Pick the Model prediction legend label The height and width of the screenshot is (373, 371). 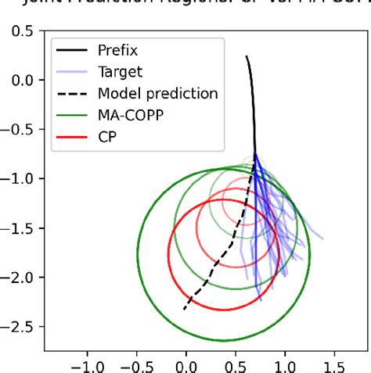tap(157, 94)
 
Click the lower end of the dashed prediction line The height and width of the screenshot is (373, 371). tap(185, 309)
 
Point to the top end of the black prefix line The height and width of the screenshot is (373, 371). tap(247, 56)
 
